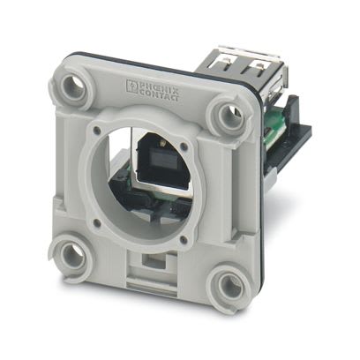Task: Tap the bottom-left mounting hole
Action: click(x=69, y=255)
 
